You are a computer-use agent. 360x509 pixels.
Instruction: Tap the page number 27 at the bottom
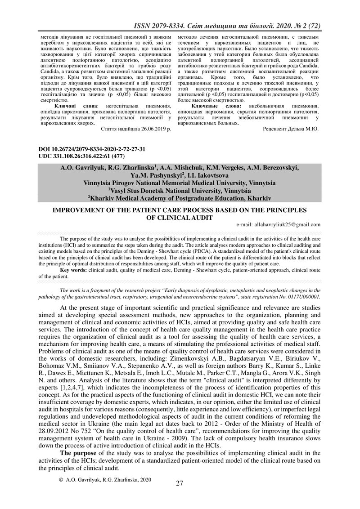point(180,483)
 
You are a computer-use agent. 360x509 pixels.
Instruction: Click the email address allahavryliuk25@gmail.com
point(278,224)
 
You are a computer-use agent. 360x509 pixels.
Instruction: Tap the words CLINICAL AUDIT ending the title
point(180,217)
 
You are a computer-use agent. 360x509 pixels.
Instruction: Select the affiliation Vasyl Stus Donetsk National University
point(180,191)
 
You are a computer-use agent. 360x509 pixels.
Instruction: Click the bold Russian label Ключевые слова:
point(221,105)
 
